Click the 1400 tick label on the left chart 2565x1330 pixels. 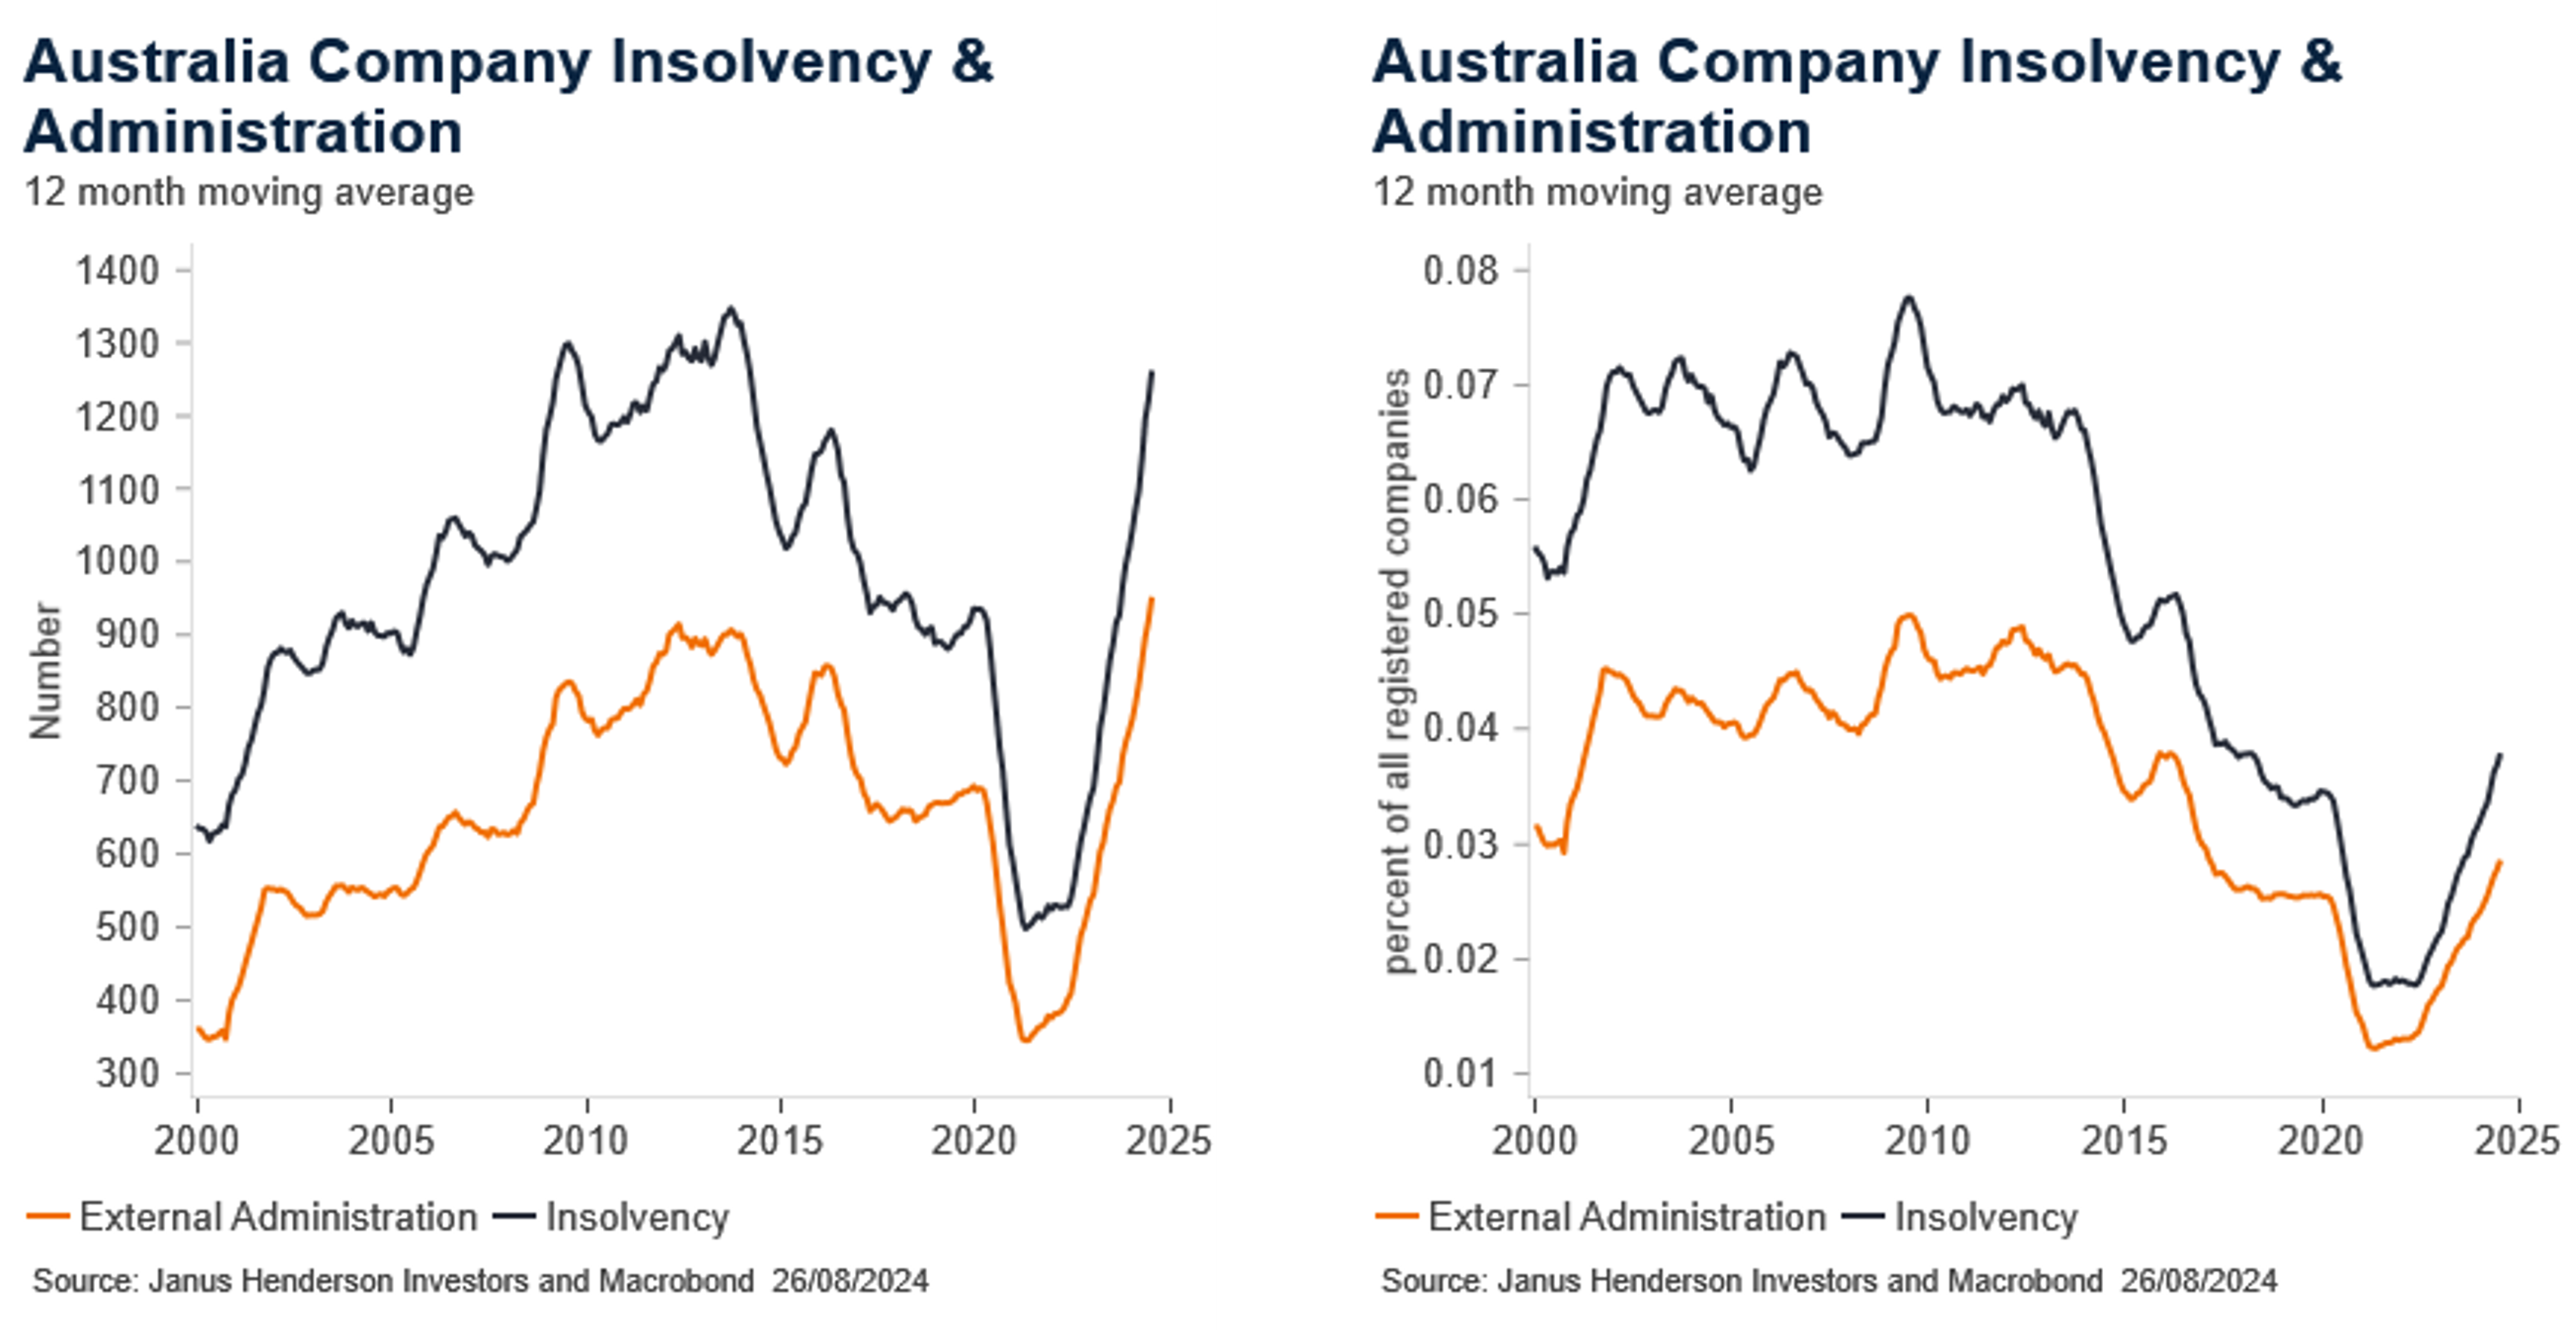point(117,271)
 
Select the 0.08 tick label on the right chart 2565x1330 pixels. point(1460,271)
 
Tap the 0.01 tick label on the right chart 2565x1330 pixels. point(1460,1073)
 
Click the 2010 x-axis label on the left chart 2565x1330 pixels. point(586,1140)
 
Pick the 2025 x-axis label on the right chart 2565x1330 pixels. point(2517,1140)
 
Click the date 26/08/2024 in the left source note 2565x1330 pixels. point(851,1280)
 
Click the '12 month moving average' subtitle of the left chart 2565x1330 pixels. point(249,192)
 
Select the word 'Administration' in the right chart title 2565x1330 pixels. point(1591,132)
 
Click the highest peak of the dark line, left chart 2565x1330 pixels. point(732,309)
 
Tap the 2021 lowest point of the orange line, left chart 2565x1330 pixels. point(1023,1041)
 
